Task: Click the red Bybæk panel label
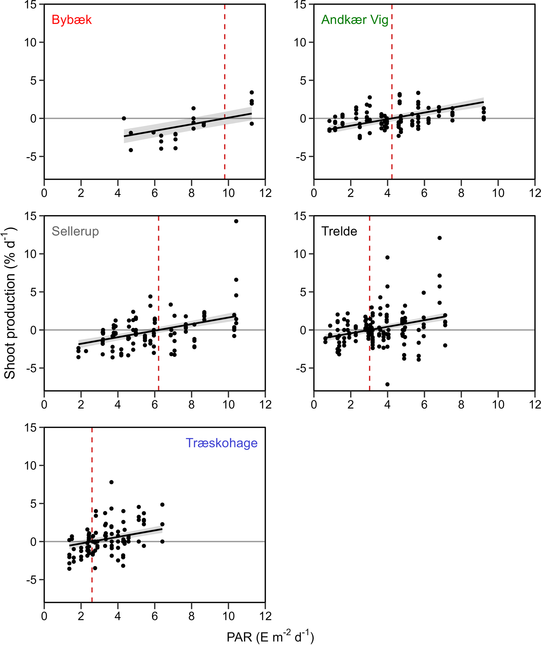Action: (x=72, y=20)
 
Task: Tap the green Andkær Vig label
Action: (x=355, y=20)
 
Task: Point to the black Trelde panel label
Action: (x=339, y=231)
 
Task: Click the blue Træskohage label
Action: (x=221, y=443)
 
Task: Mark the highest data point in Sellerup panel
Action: (x=236, y=221)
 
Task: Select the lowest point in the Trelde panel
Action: (x=388, y=384)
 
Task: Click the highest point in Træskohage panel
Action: (x=111, y=482)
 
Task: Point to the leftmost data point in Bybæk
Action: (x=124, y=118)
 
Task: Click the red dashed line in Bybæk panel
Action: (x=225, y=61)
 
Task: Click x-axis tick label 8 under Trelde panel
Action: (x=461, y=405)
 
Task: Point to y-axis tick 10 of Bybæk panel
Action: (x=30, y=42)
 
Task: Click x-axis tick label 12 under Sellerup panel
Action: (x=265, y=405)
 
